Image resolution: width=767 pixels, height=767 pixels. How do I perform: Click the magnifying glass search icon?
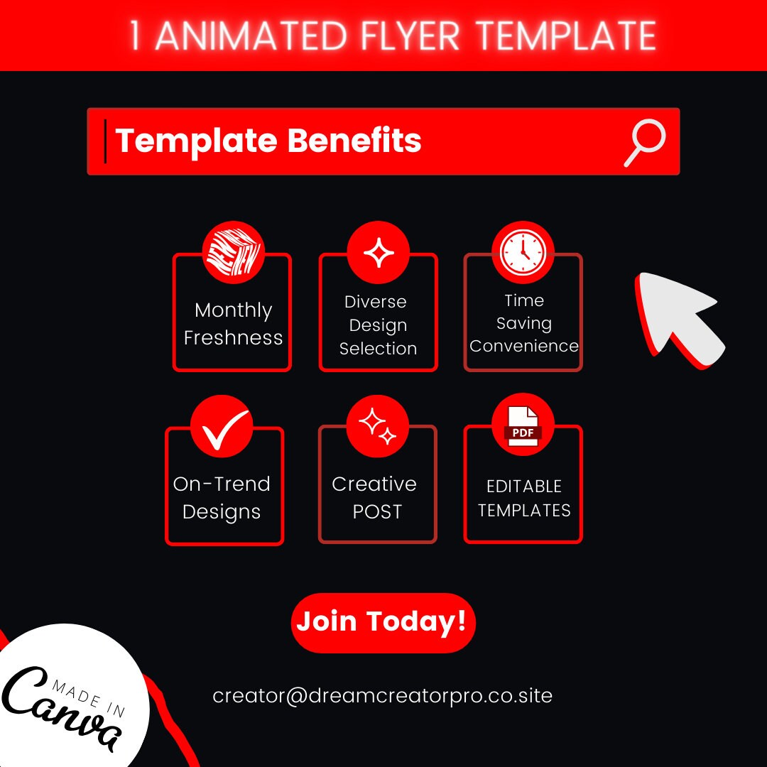[645, 142]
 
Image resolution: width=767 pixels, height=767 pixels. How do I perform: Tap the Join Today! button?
[382, 622]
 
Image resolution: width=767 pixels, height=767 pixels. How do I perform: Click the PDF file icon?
[523, 426]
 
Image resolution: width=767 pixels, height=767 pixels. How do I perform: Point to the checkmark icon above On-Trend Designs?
[222, 426]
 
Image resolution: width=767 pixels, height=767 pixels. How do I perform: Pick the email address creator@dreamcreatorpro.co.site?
[382, 695]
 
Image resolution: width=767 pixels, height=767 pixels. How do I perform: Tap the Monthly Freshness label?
[233, 324]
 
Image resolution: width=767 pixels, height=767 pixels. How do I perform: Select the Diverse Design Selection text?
[378, 325]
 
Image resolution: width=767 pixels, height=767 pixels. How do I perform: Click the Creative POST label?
[375, 497]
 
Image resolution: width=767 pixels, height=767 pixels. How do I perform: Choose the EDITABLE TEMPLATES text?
[524, 498]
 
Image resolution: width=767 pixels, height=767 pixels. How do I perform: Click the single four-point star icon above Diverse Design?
[378, 253]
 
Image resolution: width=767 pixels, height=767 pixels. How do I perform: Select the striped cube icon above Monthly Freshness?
[233, 253]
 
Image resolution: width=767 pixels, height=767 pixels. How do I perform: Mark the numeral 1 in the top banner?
[136, 36]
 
